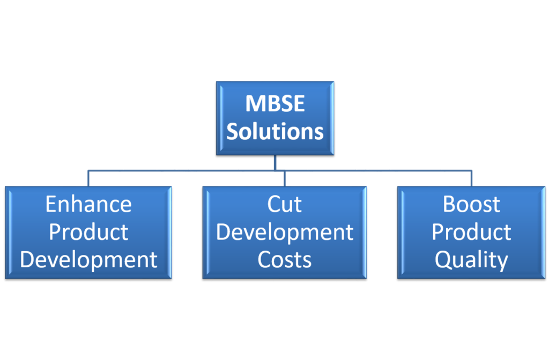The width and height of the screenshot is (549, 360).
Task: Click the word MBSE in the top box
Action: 275,103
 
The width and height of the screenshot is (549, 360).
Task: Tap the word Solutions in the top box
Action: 275,132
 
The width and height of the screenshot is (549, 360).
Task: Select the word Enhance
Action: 88,204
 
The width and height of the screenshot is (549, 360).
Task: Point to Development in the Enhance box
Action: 88,260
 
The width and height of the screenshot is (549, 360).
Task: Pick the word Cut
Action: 284,204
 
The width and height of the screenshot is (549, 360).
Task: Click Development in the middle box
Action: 285,232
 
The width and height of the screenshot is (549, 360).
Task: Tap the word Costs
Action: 284,260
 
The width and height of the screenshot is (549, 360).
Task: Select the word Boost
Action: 471,204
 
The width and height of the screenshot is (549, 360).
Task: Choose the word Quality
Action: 471,260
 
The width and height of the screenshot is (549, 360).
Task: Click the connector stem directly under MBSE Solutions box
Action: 275,163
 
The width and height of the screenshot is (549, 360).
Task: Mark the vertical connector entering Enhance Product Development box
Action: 88,178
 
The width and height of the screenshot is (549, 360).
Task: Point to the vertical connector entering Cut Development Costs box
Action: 285,178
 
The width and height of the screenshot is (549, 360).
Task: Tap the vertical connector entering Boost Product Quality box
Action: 472,178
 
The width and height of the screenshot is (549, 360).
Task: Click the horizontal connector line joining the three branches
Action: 280,171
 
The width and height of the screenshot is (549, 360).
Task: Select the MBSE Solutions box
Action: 275,118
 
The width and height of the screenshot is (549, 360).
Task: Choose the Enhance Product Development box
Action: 88,232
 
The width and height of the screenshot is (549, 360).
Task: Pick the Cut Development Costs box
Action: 284,232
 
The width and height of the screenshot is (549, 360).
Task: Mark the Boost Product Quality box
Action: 471,232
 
